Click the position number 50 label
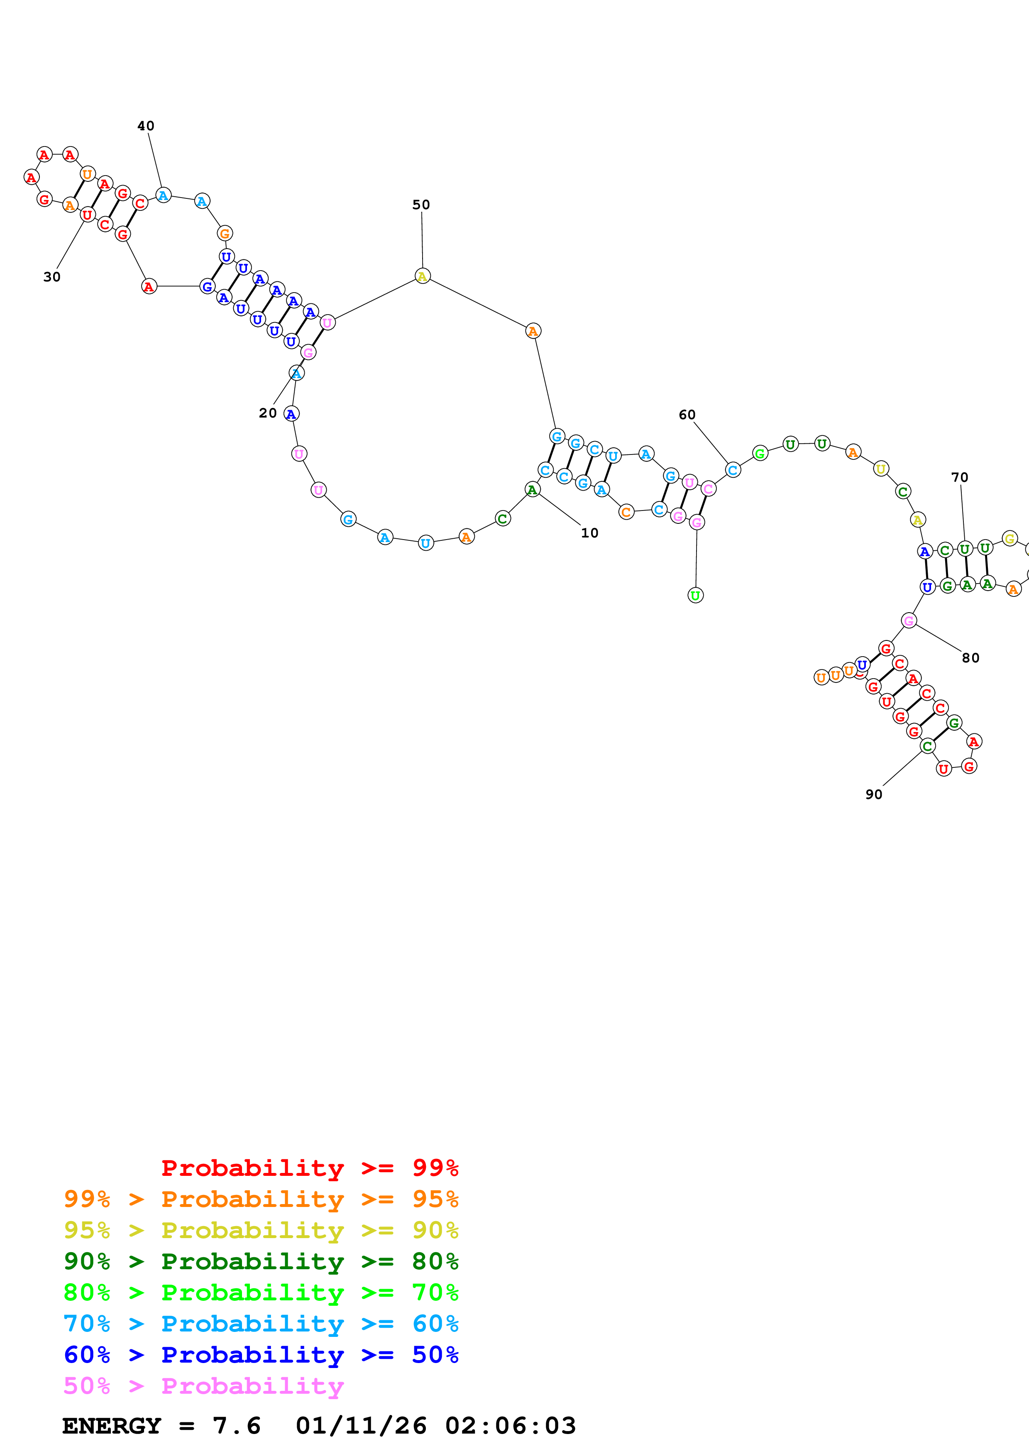[421, 205]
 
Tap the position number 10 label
[589, 533]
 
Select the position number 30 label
[52, 277]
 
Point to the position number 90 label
[874, 794]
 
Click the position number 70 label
[959, 477]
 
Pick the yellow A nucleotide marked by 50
[422, 276]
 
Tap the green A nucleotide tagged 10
[533, 490]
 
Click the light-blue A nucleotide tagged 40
[163, 195]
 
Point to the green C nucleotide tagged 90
[927, 746]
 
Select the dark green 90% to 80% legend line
[261, 1261]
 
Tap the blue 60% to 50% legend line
[261, 1355]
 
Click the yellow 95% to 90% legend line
[261, 1230]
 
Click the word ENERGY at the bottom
[112, 1426]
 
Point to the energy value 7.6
[237, 1426]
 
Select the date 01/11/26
[361, 1426]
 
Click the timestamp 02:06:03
[511, 1426]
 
